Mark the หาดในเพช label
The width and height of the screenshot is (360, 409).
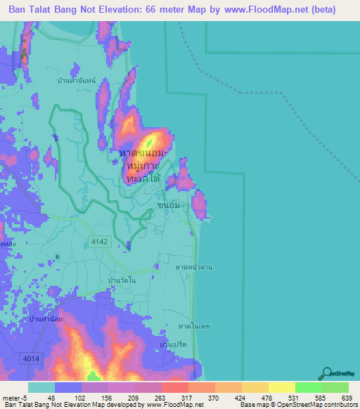coord(195,327)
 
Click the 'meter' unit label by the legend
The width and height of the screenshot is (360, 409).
coord(11,398)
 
